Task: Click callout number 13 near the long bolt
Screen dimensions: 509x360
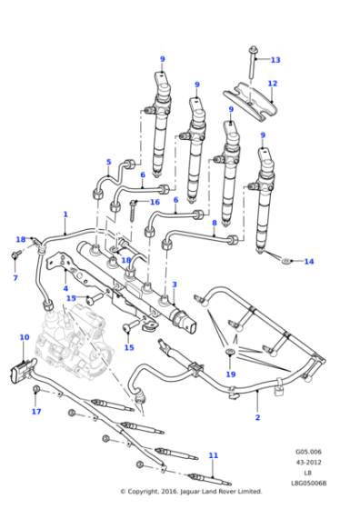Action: tap(275, 60)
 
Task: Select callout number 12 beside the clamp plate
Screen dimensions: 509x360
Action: tap(272, 84)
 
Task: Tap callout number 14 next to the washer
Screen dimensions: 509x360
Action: tap(308, 262)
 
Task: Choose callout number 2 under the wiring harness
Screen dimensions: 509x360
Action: tap(258, 417)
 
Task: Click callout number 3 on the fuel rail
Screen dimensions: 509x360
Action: tap(175, 284)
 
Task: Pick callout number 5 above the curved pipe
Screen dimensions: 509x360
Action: tap(108, 164)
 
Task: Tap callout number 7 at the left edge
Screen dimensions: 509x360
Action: tap(15, 278)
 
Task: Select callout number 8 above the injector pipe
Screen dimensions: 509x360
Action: tap(214, 222)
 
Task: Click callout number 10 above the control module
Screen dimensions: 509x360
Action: tap(24, 337)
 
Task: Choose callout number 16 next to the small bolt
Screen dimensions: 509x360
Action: tap(155, 203)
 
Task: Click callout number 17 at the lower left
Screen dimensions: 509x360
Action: tap(35, 412)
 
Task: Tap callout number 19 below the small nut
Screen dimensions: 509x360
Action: tap(231, 374)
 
